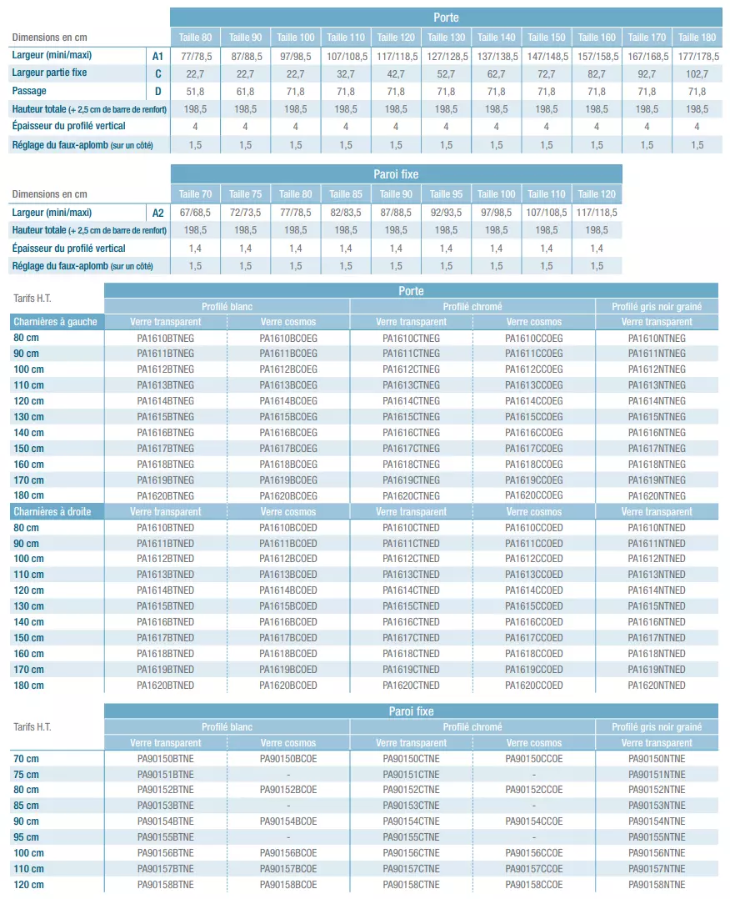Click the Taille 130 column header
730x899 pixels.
(446, 38)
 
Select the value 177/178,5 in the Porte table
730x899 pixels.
(697, 56)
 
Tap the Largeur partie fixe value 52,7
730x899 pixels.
(446, 73)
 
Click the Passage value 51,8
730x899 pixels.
(195, 92)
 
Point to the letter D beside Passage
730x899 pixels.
(157, 92)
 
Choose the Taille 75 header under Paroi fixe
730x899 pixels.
(245, 194)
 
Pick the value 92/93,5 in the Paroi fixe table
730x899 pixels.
(446, 213)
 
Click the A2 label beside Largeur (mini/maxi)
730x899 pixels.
(157, 213)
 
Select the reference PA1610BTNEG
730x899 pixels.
(165, 338)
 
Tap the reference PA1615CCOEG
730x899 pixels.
(534, 417)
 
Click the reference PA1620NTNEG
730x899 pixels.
(657, 496)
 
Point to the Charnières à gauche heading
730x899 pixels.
(55, 322)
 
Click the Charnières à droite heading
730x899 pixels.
(52, 511)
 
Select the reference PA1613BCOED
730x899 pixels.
(288, 575)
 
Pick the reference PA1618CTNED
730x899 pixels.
(411, 654)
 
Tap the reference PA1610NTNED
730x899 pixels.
(657, 528)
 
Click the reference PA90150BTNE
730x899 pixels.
(165, 759)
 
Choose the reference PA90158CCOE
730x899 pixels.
(534, 885)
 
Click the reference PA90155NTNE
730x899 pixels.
(657, 837)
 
